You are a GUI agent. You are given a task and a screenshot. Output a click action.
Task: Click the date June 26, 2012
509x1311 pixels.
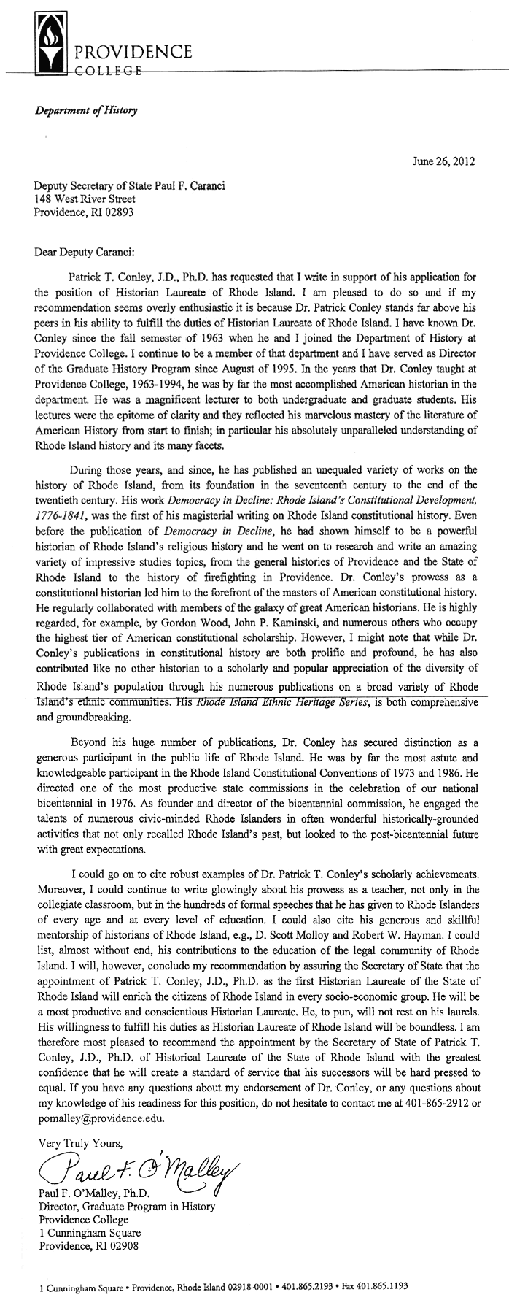(443, 161)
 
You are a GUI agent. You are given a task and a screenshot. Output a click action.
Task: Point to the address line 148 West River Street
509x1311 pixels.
(85, 199)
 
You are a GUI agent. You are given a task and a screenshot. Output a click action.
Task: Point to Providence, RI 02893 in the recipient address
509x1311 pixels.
(85, 212)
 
